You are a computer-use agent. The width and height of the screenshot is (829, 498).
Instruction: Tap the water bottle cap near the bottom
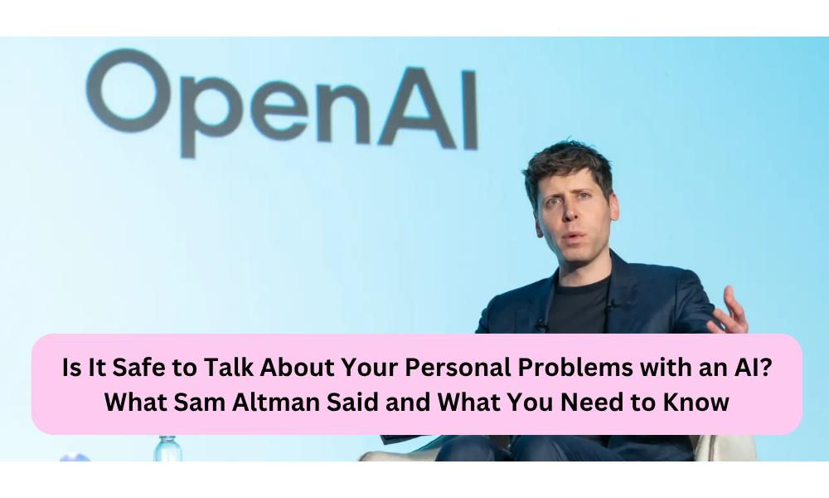(x=167, y=440)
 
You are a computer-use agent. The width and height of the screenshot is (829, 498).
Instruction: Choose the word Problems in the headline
(x=575, y=368)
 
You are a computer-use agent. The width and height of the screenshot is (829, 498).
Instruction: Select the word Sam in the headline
(x=196, y=403)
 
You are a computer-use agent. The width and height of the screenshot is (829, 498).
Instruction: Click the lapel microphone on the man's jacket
(x=613, y=305)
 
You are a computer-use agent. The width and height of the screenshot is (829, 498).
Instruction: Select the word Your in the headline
(x=369, y=368)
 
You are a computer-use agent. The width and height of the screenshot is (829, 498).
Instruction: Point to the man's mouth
(x=573, y=236)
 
